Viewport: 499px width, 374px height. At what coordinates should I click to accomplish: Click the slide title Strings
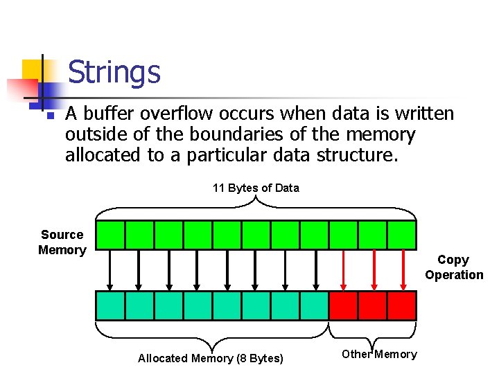[114, 72]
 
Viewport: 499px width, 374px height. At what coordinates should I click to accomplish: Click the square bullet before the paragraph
[47, 115]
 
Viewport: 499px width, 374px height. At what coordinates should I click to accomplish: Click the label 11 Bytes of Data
[256, 188]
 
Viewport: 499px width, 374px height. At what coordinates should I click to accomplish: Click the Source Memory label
[62, 242]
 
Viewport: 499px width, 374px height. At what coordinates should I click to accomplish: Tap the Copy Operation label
[454, 267]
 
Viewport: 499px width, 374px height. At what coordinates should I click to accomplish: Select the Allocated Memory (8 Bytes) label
[211, 358]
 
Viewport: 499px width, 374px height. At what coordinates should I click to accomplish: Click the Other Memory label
[379, 355]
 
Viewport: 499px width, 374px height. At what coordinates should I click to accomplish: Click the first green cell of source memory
[110, 235]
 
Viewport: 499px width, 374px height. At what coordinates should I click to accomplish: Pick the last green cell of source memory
[401, 235]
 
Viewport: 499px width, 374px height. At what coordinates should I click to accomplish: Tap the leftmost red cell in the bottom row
[343, 305]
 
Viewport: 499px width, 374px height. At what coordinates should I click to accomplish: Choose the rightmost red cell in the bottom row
[401, 305]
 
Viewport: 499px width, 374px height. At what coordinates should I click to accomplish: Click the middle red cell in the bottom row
[372, 305]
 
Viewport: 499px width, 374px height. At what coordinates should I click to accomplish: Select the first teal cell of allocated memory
[110, 305]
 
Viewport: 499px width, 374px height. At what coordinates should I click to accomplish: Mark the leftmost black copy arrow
[110, 270]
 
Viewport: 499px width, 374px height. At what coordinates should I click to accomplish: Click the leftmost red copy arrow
[343, 270]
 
